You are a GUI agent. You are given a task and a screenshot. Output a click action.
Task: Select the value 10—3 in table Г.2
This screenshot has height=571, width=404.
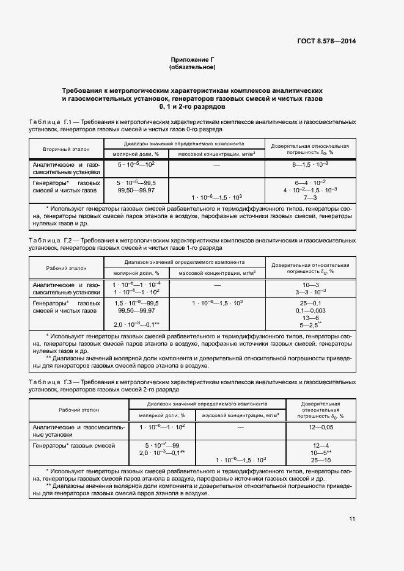[x=310, y=285]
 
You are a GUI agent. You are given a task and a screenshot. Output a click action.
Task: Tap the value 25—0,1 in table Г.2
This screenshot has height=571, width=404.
[x=310, y=303]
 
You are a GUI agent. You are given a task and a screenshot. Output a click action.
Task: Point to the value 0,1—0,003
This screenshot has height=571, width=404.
[x=310, y=311]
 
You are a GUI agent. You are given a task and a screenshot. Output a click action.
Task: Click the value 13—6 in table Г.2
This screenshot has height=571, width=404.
[x=310, y=318]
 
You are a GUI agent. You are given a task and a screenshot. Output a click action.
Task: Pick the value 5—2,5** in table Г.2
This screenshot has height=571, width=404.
[x=310, y=326]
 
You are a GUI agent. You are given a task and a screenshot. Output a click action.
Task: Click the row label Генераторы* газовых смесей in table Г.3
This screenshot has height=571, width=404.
[x=73, y=446]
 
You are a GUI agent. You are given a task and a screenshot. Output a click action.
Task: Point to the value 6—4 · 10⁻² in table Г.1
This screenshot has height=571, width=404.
[x=310, y=183]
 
